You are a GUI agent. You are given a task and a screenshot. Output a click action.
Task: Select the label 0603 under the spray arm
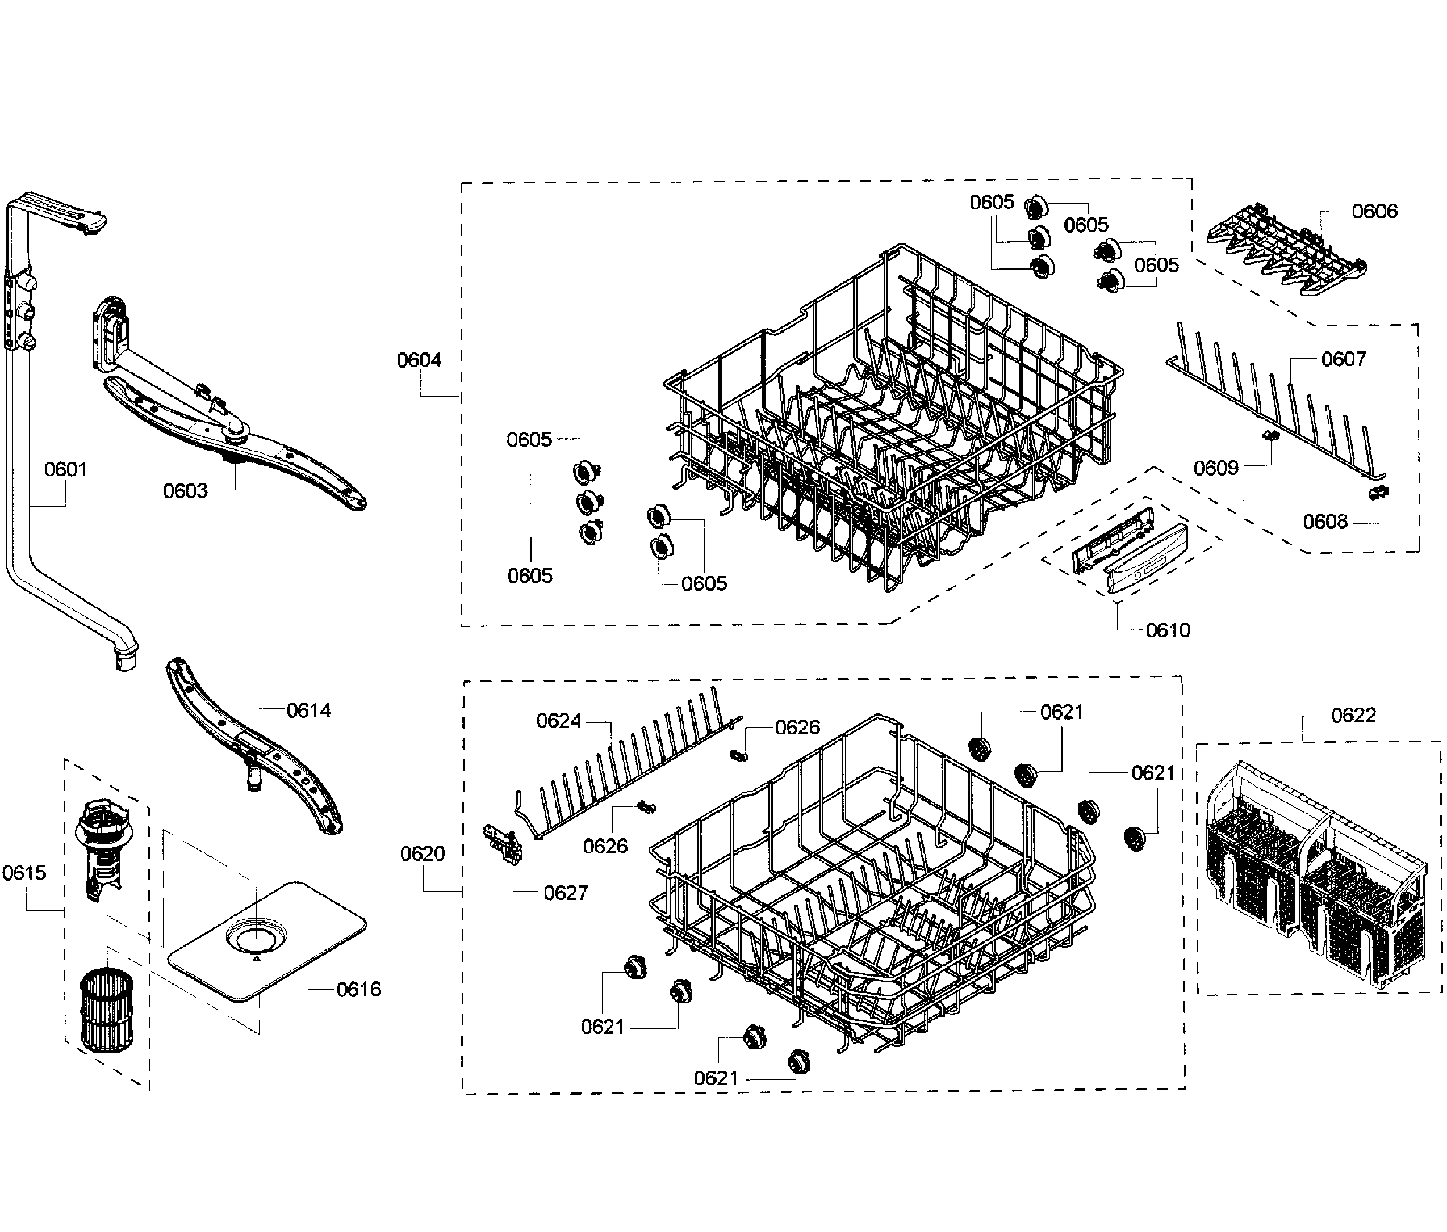185,491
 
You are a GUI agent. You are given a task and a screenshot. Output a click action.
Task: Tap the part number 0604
419,360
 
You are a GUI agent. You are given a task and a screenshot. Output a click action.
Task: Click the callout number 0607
1343,359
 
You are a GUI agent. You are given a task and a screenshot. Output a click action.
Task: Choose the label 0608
1325,522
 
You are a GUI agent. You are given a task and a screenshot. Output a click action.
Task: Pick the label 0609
1215,468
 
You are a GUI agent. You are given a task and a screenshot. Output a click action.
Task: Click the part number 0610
1168,630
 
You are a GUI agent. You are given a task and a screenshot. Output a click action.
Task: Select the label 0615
24,873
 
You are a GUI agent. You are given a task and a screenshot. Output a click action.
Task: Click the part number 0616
358,989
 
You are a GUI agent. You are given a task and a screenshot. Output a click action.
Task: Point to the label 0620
422,853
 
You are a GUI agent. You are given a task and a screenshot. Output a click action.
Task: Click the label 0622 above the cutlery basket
1353,716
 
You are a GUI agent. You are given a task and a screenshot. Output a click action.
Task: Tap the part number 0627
565,893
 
